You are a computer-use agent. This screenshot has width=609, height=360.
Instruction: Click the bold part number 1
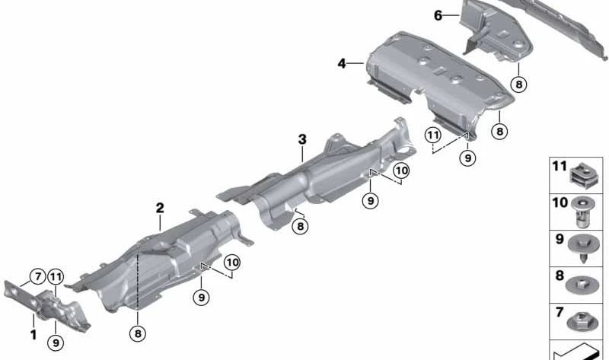point(33,333)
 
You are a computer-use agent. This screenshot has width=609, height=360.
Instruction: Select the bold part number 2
point(160,207)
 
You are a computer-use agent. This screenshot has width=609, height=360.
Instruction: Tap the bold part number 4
point(342,64)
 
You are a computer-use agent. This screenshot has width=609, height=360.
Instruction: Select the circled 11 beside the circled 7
point(56,277)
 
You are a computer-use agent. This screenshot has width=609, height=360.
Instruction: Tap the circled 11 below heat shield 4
point(433,135)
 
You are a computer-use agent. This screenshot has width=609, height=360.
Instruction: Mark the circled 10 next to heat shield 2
point(231,263)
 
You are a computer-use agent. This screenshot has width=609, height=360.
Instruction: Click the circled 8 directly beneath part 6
point(518,84)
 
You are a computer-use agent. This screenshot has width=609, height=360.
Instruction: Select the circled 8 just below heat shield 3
point(301,225)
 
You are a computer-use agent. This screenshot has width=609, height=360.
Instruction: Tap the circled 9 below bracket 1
point(56,342)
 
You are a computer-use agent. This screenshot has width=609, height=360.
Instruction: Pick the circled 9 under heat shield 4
point(467,158)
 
